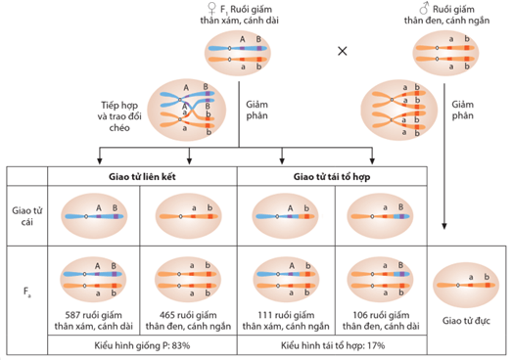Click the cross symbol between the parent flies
pos(342,50)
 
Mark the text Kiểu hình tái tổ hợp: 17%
pos(335,345)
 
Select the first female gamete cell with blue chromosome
pos(100,215)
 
